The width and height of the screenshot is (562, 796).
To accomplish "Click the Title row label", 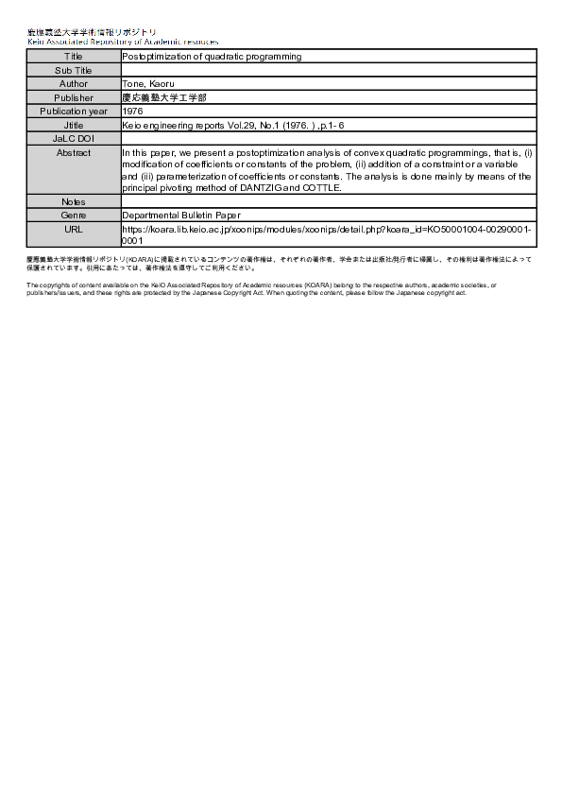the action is [74, 57].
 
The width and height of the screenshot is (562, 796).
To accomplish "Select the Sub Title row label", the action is [74, 70].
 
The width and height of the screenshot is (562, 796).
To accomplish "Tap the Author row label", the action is [74, 84].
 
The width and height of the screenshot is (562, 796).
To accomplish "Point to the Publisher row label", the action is [74, 97].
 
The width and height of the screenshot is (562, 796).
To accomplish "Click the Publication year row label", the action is [74, 111].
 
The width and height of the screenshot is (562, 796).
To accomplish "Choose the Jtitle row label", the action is [74, 125].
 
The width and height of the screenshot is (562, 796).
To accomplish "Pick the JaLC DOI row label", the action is [74, 138].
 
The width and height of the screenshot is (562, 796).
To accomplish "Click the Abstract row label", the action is [74, 152].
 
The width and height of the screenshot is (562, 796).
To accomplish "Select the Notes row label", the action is [74, 202].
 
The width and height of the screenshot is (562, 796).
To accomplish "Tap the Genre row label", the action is [74, 216].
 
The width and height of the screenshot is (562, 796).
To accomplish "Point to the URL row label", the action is [74, 229].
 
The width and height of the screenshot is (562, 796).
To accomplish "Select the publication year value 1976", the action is [132, 111].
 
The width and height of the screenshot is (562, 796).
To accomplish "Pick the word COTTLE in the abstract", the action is [321, 187].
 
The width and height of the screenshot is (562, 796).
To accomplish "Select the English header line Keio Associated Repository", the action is [123, 42].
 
